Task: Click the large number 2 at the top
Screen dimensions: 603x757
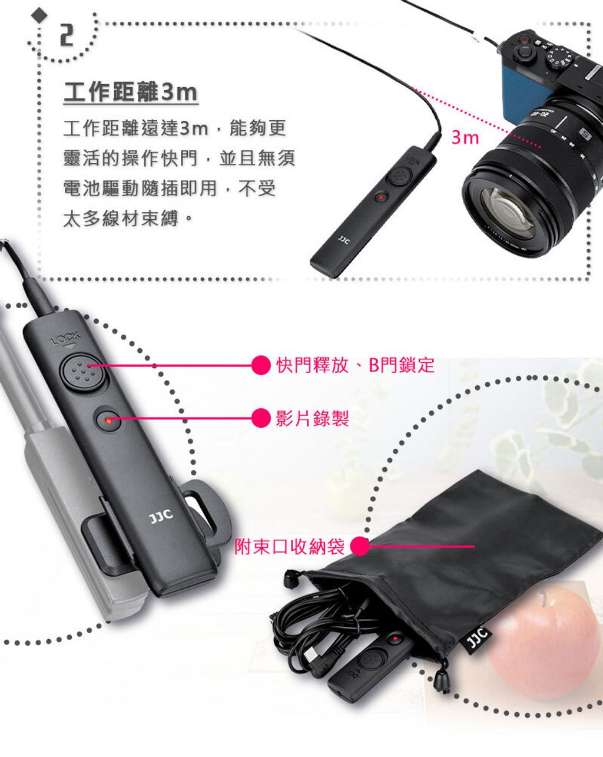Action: (67, 35)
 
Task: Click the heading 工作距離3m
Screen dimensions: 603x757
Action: (131, 92)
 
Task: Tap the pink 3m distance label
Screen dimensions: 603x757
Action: (465, 137)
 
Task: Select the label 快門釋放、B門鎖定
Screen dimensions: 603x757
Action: (355, 365)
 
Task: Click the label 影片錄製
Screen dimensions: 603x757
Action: (312, 418)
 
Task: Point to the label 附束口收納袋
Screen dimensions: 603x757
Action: (290, 546)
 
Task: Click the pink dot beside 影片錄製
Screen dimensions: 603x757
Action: (261, 418)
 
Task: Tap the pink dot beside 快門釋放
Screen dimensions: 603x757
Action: (261, 365)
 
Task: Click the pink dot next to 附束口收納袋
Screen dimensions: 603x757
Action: (360, 546)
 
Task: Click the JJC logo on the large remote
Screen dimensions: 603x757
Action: (161, 517)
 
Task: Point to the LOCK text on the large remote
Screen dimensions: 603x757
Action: (65, 338)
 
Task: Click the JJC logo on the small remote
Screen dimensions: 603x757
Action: (343, 241)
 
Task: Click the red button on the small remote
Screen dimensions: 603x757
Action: (381, 197)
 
